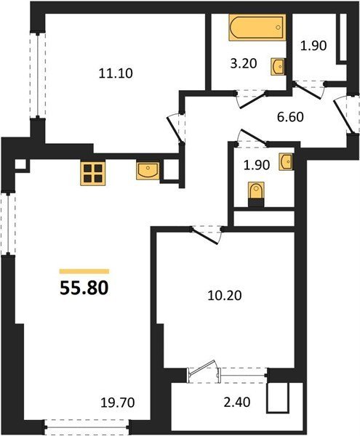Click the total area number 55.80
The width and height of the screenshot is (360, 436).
tap(84, 288)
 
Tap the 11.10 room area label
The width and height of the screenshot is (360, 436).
tap(116, 73)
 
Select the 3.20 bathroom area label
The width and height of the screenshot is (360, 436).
tap(244, 64)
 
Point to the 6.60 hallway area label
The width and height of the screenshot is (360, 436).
tap(290, 116)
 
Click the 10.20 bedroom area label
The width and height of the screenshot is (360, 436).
tap(225, 295)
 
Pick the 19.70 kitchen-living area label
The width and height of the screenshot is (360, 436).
tap(118, 403)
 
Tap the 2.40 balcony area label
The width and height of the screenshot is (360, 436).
tap(237, 402)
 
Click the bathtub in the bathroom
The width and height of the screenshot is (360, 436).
tap(257, 28)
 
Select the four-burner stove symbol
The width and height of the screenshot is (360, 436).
tap(93, 173)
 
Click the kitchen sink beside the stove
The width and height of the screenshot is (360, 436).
tap(148, 171)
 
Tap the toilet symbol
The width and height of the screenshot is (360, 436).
tap(256, 194)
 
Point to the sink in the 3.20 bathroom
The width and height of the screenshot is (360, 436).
tap(278, 67)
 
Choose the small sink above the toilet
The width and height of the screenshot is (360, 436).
tap(286, 162)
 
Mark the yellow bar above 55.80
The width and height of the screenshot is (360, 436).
tap(84, 271)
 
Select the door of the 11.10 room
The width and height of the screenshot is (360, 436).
tap(175, 129)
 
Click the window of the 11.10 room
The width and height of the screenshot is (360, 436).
tap(38, 75)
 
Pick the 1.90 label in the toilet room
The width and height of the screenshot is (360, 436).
tap(257, 165)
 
